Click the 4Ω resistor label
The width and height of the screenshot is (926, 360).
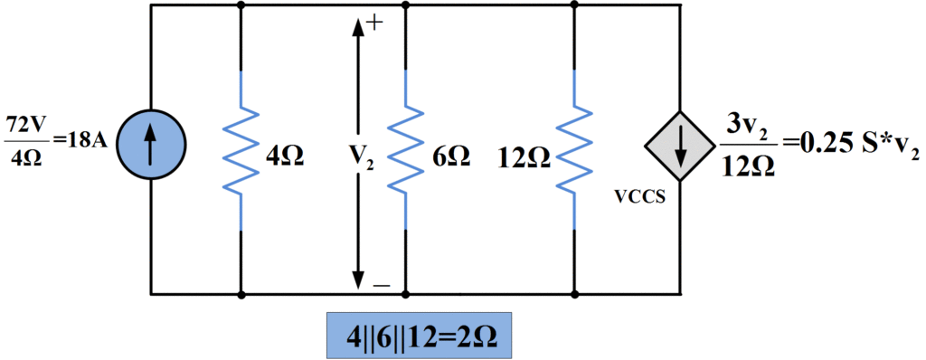click(286, 156)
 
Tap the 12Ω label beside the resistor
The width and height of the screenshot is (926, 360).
click(524, 157)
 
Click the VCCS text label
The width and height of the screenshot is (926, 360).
click(641, 194)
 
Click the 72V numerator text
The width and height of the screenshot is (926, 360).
click(27, 124)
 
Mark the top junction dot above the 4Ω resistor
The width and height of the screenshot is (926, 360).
click(241, 5)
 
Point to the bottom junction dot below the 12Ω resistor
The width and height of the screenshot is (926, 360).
click(574, 294)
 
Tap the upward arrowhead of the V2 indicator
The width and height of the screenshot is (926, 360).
click(358, 26)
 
